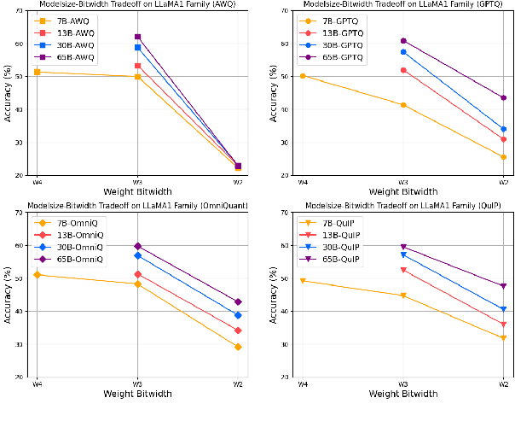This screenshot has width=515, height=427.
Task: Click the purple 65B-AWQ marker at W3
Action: pos(137,37)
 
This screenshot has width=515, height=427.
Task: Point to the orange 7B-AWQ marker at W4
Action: pos(36,72)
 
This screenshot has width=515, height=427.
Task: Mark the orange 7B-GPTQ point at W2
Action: pos(503,156)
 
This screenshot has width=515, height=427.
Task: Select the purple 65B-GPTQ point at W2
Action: pos(503,97)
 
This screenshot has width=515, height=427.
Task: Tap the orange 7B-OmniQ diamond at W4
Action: pos(36,274)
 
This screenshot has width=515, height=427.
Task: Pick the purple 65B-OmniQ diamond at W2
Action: pos(238,301)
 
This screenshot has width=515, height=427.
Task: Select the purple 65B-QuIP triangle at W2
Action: pos(503,286)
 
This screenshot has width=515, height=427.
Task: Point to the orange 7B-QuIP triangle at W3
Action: pos(402,295)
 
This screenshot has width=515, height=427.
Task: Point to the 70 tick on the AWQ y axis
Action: pos(19,10)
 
